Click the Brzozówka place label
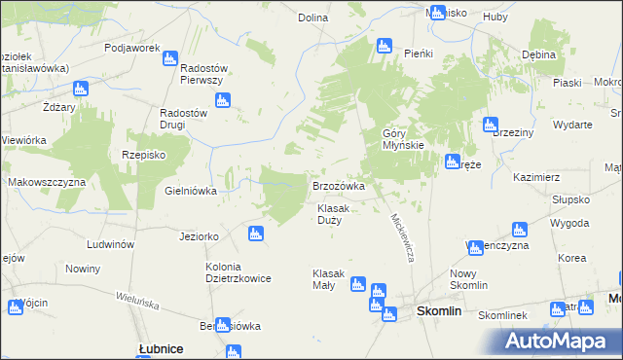[338, 185]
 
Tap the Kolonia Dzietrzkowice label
[238, 271]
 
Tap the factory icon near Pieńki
[384, 46]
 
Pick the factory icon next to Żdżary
[80, 88]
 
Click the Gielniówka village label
[191, 191]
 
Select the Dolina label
[312, 18]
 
